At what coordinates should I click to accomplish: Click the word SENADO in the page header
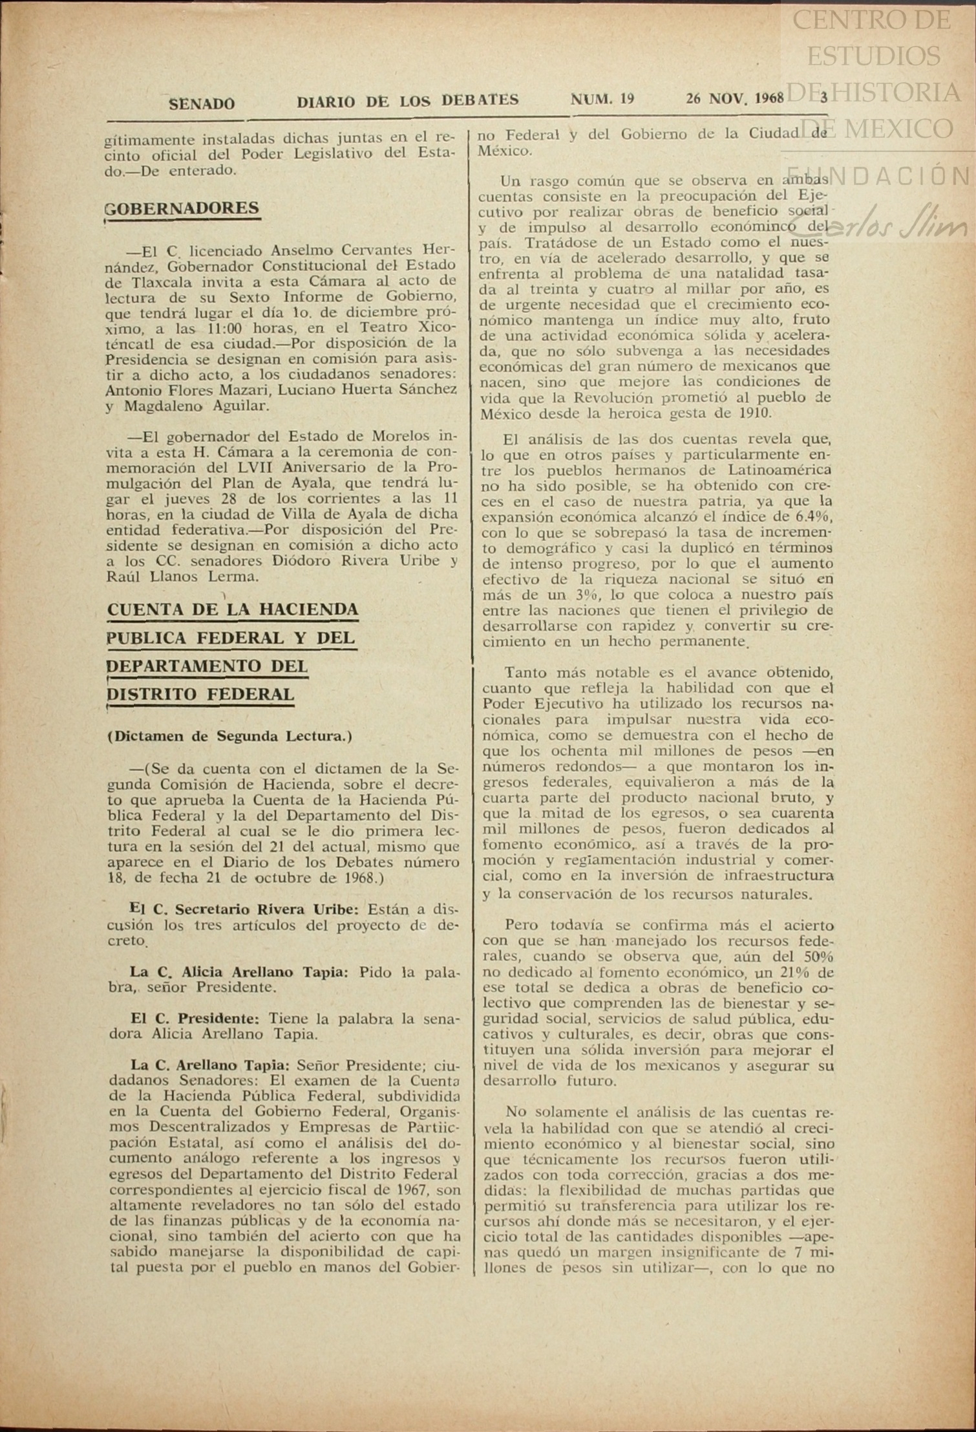pyautogui.click(x=202, y=103)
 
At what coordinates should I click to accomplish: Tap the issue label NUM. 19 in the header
pyautogui.click(x=602, y=99)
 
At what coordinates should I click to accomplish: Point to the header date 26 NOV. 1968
pyautogui.click(x=735, y=99)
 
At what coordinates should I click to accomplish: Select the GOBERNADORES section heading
pyautogui.click(x=182, y=208)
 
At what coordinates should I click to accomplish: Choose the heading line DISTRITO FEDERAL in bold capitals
pyautogui.click(x=200, y=694)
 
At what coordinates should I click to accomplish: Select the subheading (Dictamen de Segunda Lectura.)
pyautogui.click(x=229, y=736)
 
